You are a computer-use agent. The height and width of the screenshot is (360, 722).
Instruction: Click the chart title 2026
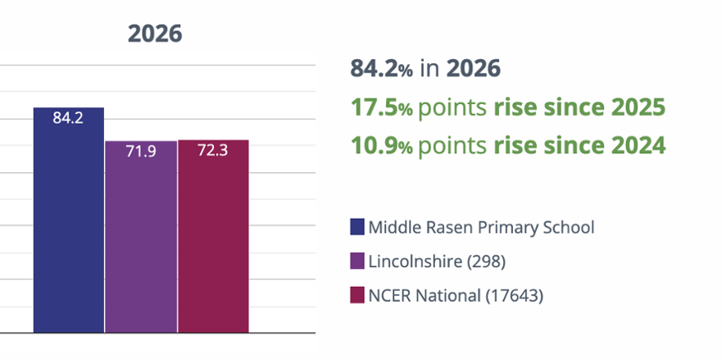pos(155,34)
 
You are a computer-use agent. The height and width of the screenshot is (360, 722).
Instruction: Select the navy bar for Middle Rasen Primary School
pos(69,220)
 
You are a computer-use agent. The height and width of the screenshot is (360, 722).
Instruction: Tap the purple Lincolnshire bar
pos(141,236)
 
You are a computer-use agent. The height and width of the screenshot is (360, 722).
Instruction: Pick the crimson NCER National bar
pos(213,236)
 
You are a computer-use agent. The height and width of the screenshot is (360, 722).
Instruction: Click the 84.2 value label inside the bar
pos(68,118)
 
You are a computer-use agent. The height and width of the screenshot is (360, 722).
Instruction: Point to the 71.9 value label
pos(141,151)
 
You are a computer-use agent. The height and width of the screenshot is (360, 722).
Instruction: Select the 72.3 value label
pos(213,150)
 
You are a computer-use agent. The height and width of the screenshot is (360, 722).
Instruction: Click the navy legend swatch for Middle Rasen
pos(356,227)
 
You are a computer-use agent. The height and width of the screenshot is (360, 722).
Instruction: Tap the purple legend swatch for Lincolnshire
pos(356,261)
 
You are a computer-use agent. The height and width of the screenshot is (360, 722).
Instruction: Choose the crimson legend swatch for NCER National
pos(356,295)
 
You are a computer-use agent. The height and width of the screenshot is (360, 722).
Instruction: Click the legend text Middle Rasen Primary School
pos(481,227)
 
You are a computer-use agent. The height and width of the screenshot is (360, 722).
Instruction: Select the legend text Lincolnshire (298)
pos(437,262)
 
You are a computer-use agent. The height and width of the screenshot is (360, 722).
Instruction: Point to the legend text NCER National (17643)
pos(456,295)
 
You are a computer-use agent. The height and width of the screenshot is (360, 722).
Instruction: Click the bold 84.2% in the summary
pos(382,69)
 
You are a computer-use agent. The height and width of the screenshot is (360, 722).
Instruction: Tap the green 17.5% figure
pos(382,107)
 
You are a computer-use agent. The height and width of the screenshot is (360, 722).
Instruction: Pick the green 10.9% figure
pos(382,145)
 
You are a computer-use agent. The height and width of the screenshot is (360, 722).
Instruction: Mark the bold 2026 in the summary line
pos(474,69)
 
